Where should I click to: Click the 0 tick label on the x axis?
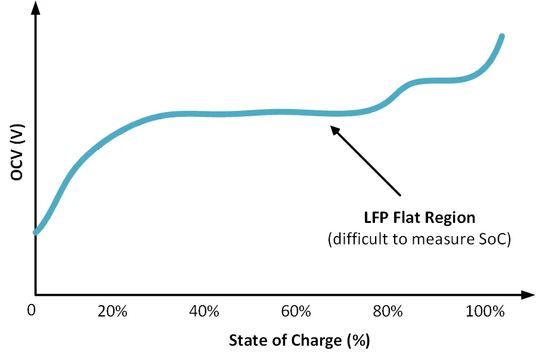tap(32, 311)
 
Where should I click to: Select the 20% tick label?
tap(113, 311)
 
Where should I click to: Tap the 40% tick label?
tap(204, 311)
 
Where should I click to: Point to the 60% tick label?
tap(296, 311)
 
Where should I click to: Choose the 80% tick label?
tap(388, 311)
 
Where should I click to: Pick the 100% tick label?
tap(485, 311)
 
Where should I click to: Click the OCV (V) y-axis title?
tap(17, 152)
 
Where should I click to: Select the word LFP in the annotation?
tap(376, 218)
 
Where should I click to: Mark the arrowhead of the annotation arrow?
tap(334, 130)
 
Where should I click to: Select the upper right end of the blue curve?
tap(502, 36)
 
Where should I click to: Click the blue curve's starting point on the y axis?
tap(36, 232)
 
